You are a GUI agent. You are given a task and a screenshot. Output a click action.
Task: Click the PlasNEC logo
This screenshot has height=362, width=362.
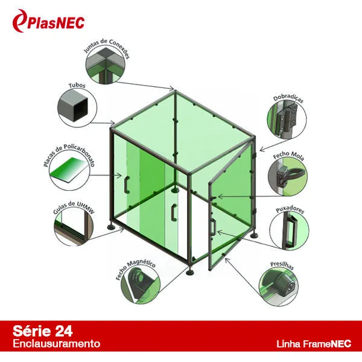point(49,21)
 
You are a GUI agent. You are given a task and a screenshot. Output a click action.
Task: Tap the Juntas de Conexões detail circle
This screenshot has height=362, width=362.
point(106,65)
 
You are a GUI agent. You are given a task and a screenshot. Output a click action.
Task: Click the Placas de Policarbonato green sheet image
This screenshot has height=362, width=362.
point(69,170)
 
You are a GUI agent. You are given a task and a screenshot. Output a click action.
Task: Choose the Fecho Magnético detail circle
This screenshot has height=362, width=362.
point(140,284)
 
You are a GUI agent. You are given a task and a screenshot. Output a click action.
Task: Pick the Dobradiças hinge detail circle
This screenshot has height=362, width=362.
point(287,119)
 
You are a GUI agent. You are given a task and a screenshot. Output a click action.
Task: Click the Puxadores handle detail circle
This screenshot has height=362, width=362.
point(289,230)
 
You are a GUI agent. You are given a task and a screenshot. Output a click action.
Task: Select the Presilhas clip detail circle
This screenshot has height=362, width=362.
point(278,287)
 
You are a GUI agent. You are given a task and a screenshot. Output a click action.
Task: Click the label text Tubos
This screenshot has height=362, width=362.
point(77,86)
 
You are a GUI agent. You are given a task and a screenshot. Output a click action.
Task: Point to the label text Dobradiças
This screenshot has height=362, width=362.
point(288,98)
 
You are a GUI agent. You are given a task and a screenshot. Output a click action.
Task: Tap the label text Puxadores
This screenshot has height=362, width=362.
point(290,209)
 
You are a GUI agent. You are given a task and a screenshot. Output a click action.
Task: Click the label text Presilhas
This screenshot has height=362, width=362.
point(282,265)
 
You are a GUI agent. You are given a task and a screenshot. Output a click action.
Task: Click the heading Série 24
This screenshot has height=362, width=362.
point(43,331)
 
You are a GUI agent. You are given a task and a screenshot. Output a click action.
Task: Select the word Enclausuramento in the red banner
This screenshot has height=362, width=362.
point(57,344)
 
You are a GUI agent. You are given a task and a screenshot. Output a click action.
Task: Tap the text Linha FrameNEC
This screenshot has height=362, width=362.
point(314,344)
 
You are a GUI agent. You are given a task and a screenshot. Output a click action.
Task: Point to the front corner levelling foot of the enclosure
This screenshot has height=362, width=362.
point(190,271)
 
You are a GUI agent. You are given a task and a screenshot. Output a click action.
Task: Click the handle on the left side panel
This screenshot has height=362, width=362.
point(126,185)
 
